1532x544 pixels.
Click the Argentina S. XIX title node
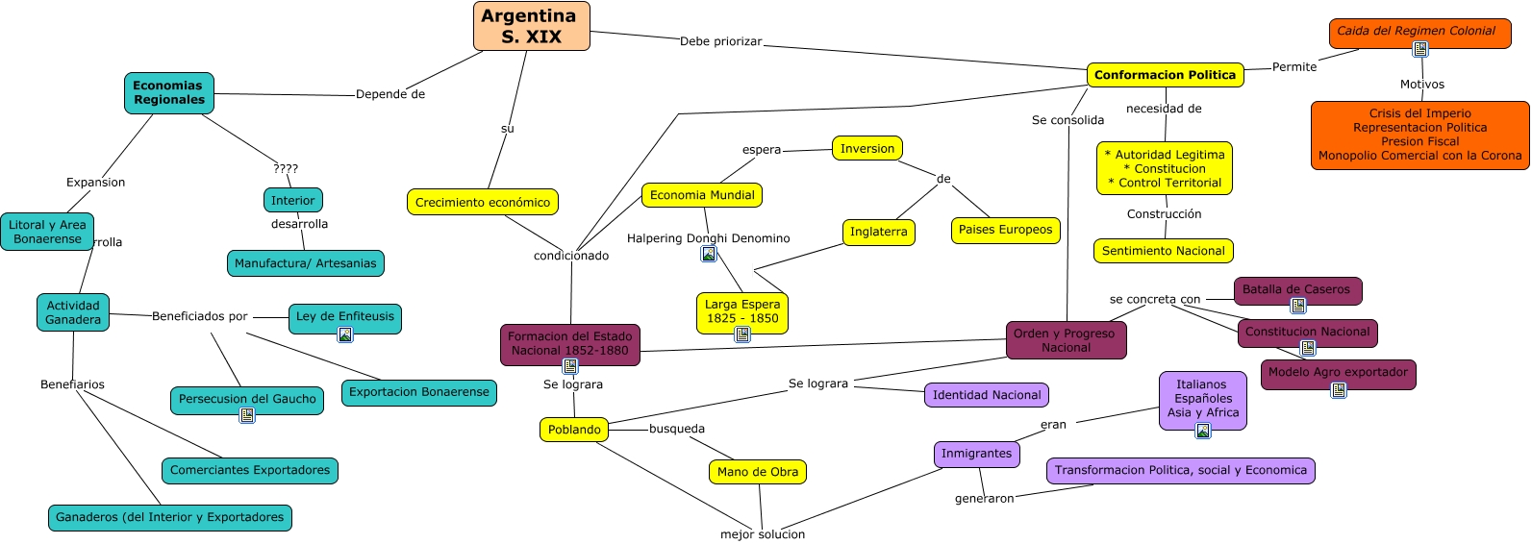[531, 26]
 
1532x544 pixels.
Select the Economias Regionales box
[169, 92]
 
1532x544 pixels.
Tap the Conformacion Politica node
[1165, 75]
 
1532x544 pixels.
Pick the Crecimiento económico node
[482, 202]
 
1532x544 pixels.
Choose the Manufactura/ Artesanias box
[306, 263]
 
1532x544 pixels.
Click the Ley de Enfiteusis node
[344, 316]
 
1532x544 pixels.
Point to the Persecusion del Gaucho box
[247, 399]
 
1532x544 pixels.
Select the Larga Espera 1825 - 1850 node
[742, 310]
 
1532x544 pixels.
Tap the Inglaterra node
[878, 232]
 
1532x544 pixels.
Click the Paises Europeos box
[1005, 230]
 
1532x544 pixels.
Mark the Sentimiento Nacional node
[1163, 251]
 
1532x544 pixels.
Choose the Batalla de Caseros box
[1295, 289]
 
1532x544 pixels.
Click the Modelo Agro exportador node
[1337, 372]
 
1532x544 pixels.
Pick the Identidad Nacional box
[987, 395]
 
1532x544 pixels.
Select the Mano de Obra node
[757, 472]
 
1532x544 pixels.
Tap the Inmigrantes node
[976, 454]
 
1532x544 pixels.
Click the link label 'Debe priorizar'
[720, 41]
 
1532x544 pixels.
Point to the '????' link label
[286, 169]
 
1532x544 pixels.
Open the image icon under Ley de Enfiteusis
[345, 334]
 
